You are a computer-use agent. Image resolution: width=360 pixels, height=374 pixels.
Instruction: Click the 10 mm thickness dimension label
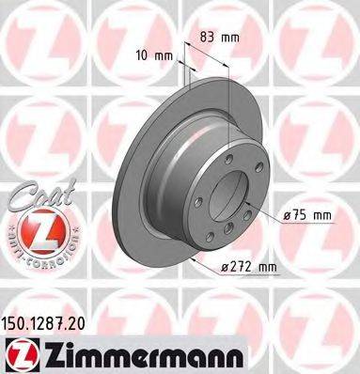[x=153, y=55]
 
